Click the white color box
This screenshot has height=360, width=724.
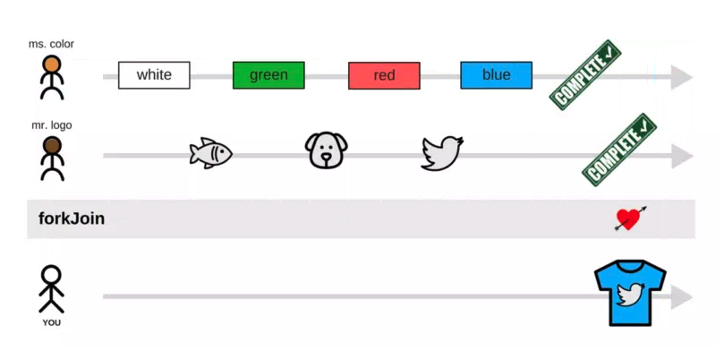click(x=154, y=75)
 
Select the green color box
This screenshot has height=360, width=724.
click(x=268, y=75)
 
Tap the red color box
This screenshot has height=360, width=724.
click(x=384, y=75)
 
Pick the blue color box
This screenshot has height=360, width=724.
click(x=496, y=75)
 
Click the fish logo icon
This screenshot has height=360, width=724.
click(x=210, y=153)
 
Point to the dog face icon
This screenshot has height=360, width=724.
click(x=325, y=150)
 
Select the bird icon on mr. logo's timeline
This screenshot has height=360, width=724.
click(x=442, y=152)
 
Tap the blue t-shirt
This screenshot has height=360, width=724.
click(x=631, y=293)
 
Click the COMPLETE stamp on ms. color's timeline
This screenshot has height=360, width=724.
click(x=587, y=75)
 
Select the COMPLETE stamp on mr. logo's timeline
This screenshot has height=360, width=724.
click(x=619, y=150)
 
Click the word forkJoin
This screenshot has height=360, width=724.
click(x=72, y=219)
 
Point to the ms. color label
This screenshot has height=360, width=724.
click(x=53, y=44)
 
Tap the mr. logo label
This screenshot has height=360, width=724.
click(x=52, y=125)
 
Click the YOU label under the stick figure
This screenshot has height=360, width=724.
click(x=52, y=322)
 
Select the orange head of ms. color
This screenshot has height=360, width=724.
click(x=53, y=64)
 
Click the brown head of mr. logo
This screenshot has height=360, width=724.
click(x=53, y=145)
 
